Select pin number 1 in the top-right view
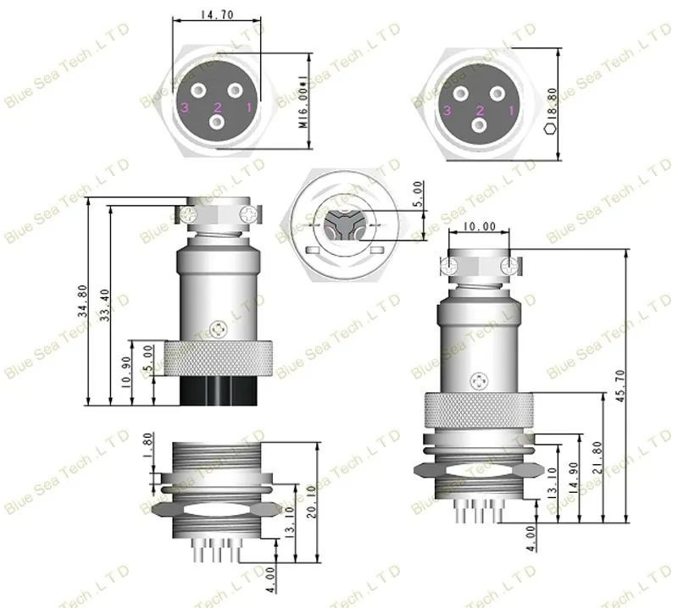510,109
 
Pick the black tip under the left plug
218,390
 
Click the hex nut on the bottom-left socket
218,510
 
